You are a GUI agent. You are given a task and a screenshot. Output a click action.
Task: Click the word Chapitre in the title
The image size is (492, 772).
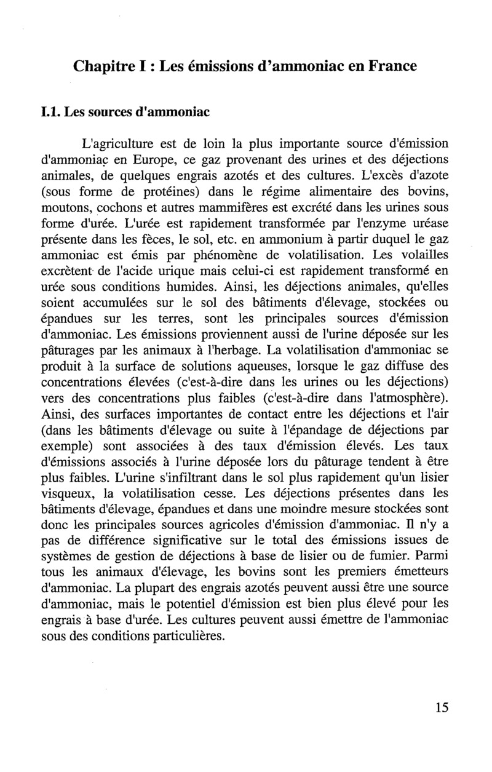point(102,65)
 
